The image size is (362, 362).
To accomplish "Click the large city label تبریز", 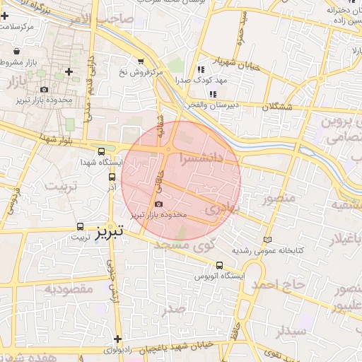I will (110, 230).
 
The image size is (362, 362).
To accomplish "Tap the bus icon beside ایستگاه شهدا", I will (101, 151).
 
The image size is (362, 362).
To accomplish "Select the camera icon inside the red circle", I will (158, 204).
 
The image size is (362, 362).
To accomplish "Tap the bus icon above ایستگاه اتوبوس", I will (220, 266).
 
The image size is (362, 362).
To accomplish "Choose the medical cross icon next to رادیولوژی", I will (117, 339).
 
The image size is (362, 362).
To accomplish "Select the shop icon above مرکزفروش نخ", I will (141, 62).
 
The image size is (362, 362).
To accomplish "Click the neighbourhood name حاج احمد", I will (279, 284).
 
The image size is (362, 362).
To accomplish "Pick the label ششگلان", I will (277, 106).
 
